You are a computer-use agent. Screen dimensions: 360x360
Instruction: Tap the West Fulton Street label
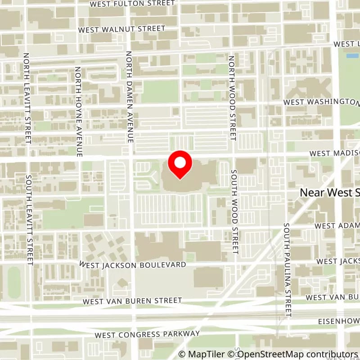pos(132,4)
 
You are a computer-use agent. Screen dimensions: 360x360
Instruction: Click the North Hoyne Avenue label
pos(78,112)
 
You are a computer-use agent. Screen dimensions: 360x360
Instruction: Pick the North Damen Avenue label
pos(129,97)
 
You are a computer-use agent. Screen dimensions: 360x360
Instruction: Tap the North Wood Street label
pos(232,98)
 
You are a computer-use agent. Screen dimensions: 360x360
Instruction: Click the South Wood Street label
pos(234,211)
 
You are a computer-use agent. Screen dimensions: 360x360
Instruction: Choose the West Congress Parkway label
pos(147,334)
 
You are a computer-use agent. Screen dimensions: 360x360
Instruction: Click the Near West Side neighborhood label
pos(329,193)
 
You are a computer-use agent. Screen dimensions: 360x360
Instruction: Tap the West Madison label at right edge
pos(334,153)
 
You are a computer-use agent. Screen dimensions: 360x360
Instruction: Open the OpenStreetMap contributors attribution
pos(293,354)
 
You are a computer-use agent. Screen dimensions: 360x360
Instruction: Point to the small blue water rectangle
pos(352,56)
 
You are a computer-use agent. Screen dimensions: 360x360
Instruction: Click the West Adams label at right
pos(337,225)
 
